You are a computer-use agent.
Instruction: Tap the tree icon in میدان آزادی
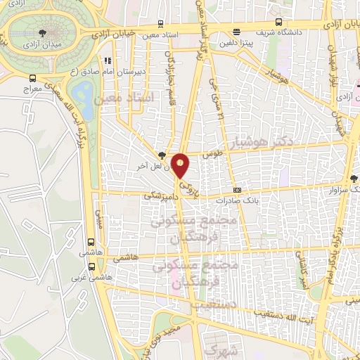click(44, 32)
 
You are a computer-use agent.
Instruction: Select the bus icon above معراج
click(32, 79)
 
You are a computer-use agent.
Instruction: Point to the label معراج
click(32, 90)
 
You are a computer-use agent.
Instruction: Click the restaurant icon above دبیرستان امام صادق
click(107, 61)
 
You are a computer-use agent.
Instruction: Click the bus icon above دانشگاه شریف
click(278, 22)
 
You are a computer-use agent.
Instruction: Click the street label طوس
click(213, 153)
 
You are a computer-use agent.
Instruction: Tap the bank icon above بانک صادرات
click(237, 189)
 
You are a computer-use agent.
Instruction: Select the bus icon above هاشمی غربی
click(91, 266)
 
